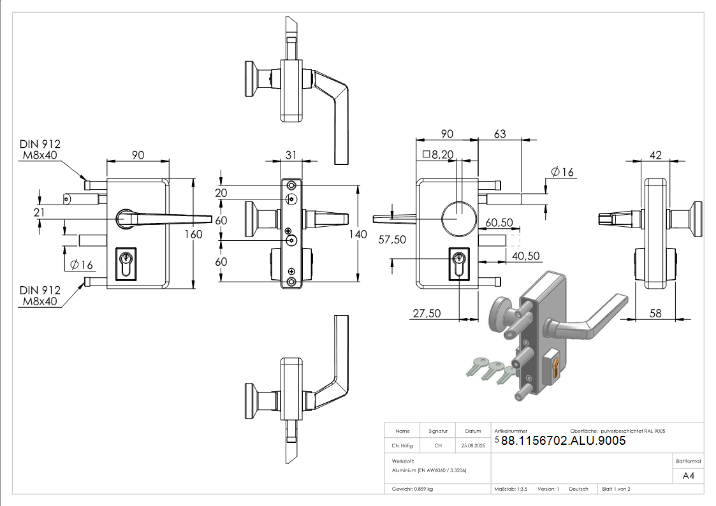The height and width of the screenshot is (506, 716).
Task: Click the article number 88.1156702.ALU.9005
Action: (x=563, y=441)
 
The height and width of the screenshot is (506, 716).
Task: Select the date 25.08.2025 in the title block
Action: (x=473, y=446)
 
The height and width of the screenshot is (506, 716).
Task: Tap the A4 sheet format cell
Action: (x=688, y=476)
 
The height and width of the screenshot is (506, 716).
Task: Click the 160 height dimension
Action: (x=193, y=234)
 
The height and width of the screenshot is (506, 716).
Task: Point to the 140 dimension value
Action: (x=358, y=235)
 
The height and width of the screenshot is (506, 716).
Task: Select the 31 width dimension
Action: (x=291, y=155)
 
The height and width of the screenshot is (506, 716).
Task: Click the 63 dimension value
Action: (x=500, y=134)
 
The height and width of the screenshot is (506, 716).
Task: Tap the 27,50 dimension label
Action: (x=427, y=313)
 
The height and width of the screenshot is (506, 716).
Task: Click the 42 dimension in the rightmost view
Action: (x=654, y=155)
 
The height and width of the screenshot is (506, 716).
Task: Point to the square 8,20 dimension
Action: (x=437, y=154)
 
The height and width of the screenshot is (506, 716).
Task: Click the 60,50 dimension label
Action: (x=499, y=222)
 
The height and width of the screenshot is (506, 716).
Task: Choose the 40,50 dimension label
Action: (x=526, y=256)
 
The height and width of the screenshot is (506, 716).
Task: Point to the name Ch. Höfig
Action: (x=402, y=446)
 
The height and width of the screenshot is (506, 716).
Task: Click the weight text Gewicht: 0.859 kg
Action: (x=413, y=489)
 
